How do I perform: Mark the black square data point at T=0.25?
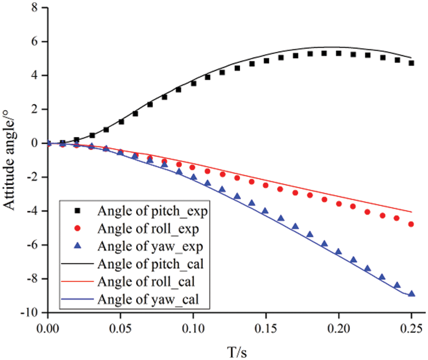point(411,63)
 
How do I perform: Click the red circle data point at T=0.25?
point(411,224)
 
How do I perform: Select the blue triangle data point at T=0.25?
point(411,293)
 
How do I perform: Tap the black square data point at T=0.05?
point(121,122)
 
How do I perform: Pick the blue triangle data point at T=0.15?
point(265,210)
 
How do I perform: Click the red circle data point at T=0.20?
point(338,204)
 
